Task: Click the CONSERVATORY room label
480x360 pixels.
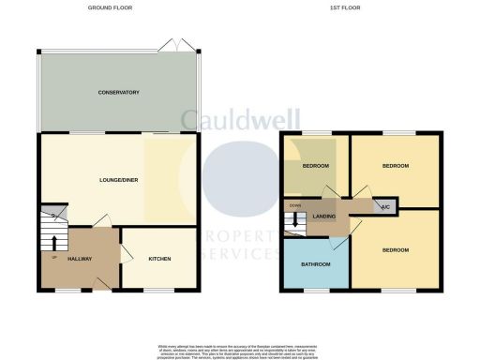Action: pyautogui.click(x=120, y=93)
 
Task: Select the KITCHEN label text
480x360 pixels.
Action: pyautogui.click(x=158, y=258)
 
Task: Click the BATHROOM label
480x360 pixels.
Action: pyautogui.click(x=316, y=263)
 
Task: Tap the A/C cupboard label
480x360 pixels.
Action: pyautogui.click(x=382, y=206)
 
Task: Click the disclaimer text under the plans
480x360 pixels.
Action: pyautogui.click(x=240, y=351)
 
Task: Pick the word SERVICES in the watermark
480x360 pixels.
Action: pyautogui.click(x=240, y=254)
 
